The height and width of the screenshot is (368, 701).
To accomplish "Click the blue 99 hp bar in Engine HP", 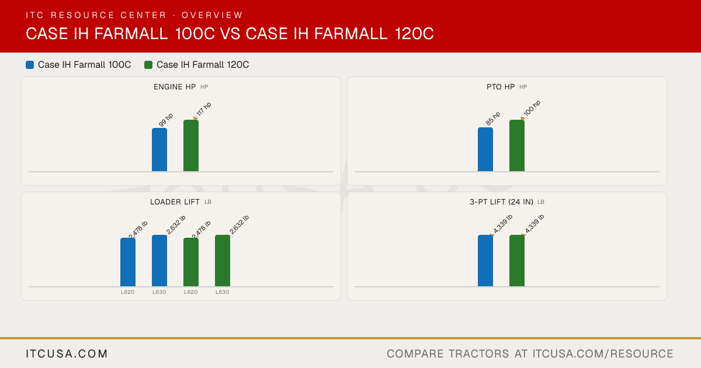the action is (x=159, y=150).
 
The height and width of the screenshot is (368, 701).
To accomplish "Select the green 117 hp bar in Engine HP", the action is (x=191, y=145).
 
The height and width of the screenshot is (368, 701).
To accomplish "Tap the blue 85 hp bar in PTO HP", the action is (x=485, y=150).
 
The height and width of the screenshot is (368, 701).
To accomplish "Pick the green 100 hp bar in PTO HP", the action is (x=517, y=145).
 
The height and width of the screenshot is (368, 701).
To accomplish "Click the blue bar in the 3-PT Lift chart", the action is (x=485, y=261).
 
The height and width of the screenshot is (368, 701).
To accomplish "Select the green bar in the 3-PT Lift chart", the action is (x=517, y=261).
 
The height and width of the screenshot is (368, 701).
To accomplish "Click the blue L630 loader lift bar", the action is (x=159, y=261).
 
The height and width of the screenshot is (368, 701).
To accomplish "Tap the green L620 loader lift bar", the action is (x=191, y=262).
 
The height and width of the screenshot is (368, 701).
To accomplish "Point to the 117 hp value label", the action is (x=204, y=109).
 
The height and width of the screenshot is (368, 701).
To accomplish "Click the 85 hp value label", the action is (x=493, y=119).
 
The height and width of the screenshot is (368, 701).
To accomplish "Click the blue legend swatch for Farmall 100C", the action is (x=30, y=65).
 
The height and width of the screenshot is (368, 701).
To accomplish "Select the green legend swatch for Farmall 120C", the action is (x=148, y=65).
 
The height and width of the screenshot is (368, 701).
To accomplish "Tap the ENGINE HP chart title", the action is (x=175, y=87).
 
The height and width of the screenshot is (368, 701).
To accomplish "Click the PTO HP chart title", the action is (x=501, y=87).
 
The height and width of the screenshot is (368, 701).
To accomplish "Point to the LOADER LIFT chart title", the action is (x=175, y=202).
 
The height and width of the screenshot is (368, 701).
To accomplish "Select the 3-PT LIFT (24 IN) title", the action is (x=501, y=202).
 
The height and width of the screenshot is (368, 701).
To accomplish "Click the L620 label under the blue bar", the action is (x=128, y=292).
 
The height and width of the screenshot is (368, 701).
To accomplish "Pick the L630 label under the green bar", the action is (x=222, y=292).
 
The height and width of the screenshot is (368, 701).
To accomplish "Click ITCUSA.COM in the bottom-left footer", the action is (x=67, y=354).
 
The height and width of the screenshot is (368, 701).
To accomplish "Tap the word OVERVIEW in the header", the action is (x=212, y=15).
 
